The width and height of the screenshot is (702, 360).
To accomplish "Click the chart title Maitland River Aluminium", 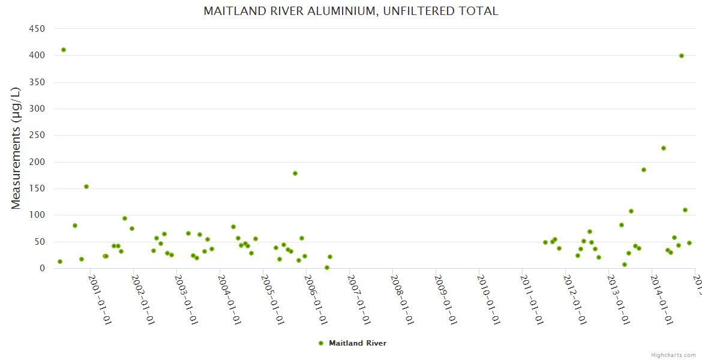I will (350, 11).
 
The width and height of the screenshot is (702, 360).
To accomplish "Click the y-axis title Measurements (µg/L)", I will (16, 148).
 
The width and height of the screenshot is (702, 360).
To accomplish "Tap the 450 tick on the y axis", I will (37, 29).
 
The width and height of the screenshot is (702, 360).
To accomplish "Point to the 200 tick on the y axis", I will (37, 162).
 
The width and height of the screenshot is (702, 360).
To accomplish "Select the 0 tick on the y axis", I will (42, 269).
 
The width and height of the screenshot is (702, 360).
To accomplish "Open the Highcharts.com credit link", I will (673, 355).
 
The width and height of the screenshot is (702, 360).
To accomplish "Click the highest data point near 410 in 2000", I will (64, 50).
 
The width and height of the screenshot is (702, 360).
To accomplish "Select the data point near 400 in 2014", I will (682, 56).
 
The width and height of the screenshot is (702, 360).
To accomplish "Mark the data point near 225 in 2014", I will (664, 148).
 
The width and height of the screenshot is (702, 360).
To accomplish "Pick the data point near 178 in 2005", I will (295, 173).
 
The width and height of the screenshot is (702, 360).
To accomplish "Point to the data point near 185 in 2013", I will (644, 170).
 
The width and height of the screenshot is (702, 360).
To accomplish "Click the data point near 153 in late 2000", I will (86, 187).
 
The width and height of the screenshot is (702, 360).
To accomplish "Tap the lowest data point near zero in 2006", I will (327, 268).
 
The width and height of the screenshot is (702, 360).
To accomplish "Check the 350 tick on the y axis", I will (37, 82).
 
